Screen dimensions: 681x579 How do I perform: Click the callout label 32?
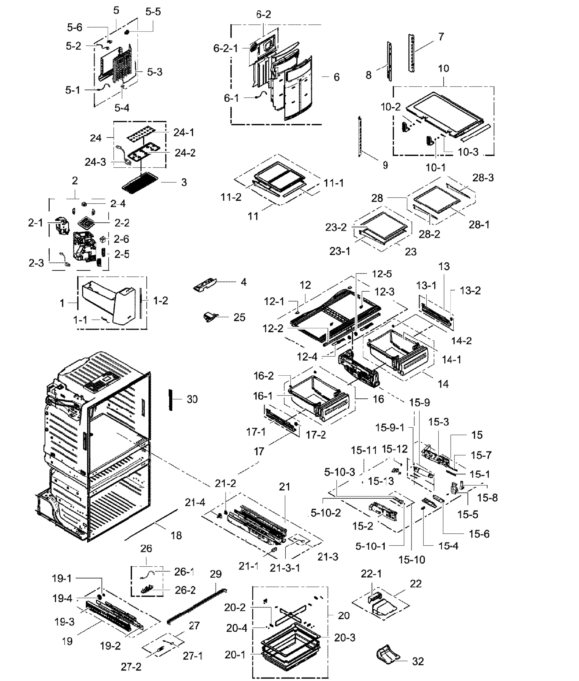[x=418, y=661]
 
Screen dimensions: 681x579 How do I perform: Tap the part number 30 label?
[x=192, y=399]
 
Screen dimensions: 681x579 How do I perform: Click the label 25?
[x=239, y=317]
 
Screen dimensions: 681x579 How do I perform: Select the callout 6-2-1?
[x=226, y=48]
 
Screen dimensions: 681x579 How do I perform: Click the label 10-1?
[x=435, y=167]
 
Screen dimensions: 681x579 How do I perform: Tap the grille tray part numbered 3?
[x=140, y=182]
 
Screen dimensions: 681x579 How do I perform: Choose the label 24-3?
[x=95, y=162]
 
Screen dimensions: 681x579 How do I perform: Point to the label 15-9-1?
[x=389, y=428]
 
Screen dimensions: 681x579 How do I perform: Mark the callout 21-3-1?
[x=285, y=568]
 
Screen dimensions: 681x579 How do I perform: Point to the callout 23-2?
[x=336, y=227]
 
